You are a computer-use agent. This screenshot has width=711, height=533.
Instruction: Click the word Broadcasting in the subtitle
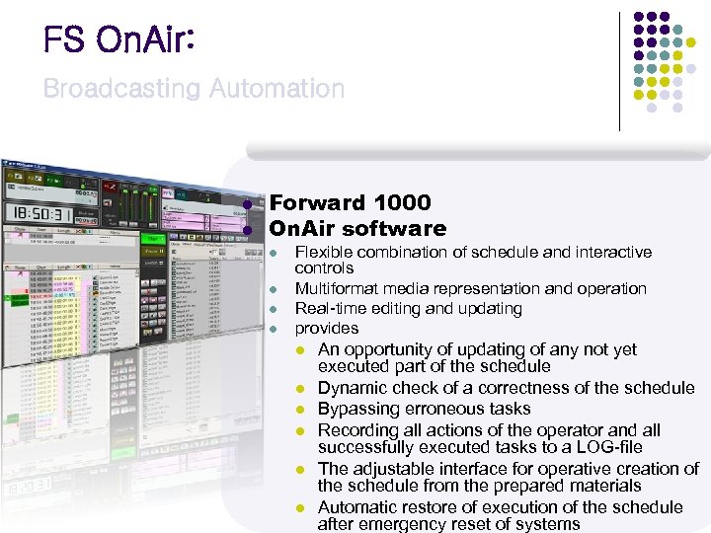(120, 89)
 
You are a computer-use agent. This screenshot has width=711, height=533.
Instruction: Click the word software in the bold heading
(393, 229)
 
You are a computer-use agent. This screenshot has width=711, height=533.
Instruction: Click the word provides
(327, 329)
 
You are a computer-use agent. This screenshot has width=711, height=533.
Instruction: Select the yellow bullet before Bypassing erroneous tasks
(304, 410)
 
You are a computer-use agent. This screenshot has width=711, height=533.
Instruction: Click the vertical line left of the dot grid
(620, 71)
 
